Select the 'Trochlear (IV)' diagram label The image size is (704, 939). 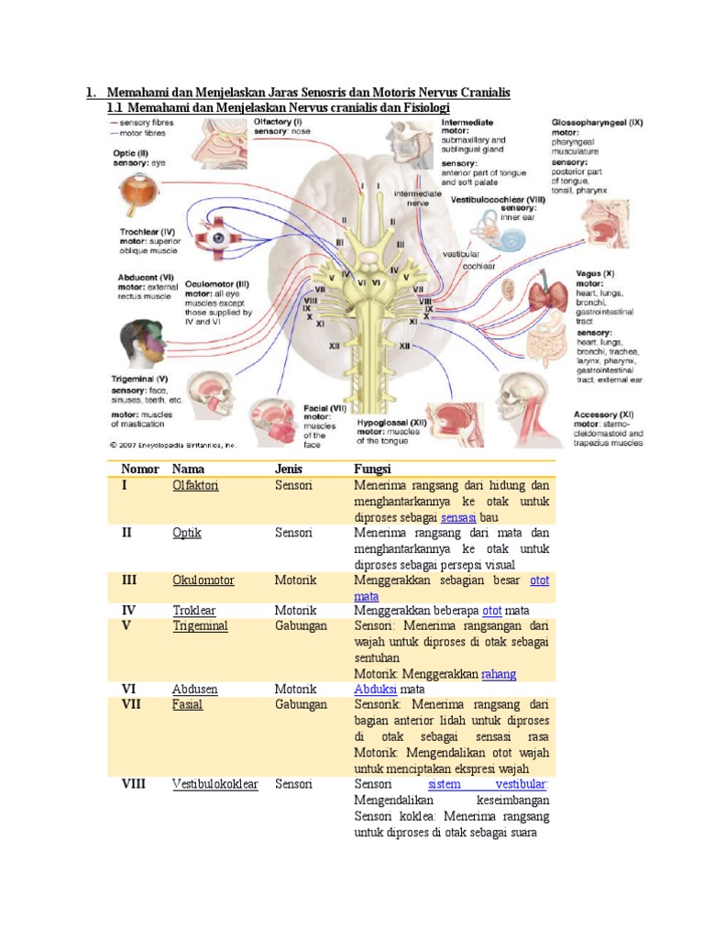[x=146, y=232]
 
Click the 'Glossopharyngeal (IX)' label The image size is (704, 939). [x=597, y=121]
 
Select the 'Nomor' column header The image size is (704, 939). [x=139, y=469]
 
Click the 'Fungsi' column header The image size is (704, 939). [x=372, y=469]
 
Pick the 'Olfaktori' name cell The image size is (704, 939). [x=195, y=485]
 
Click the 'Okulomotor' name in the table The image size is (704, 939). [x=203, y=580]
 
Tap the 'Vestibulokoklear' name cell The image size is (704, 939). [x=215, y=784]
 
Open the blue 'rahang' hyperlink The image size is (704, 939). [x=499, y=674]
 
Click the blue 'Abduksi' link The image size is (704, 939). [x=375, y=689]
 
